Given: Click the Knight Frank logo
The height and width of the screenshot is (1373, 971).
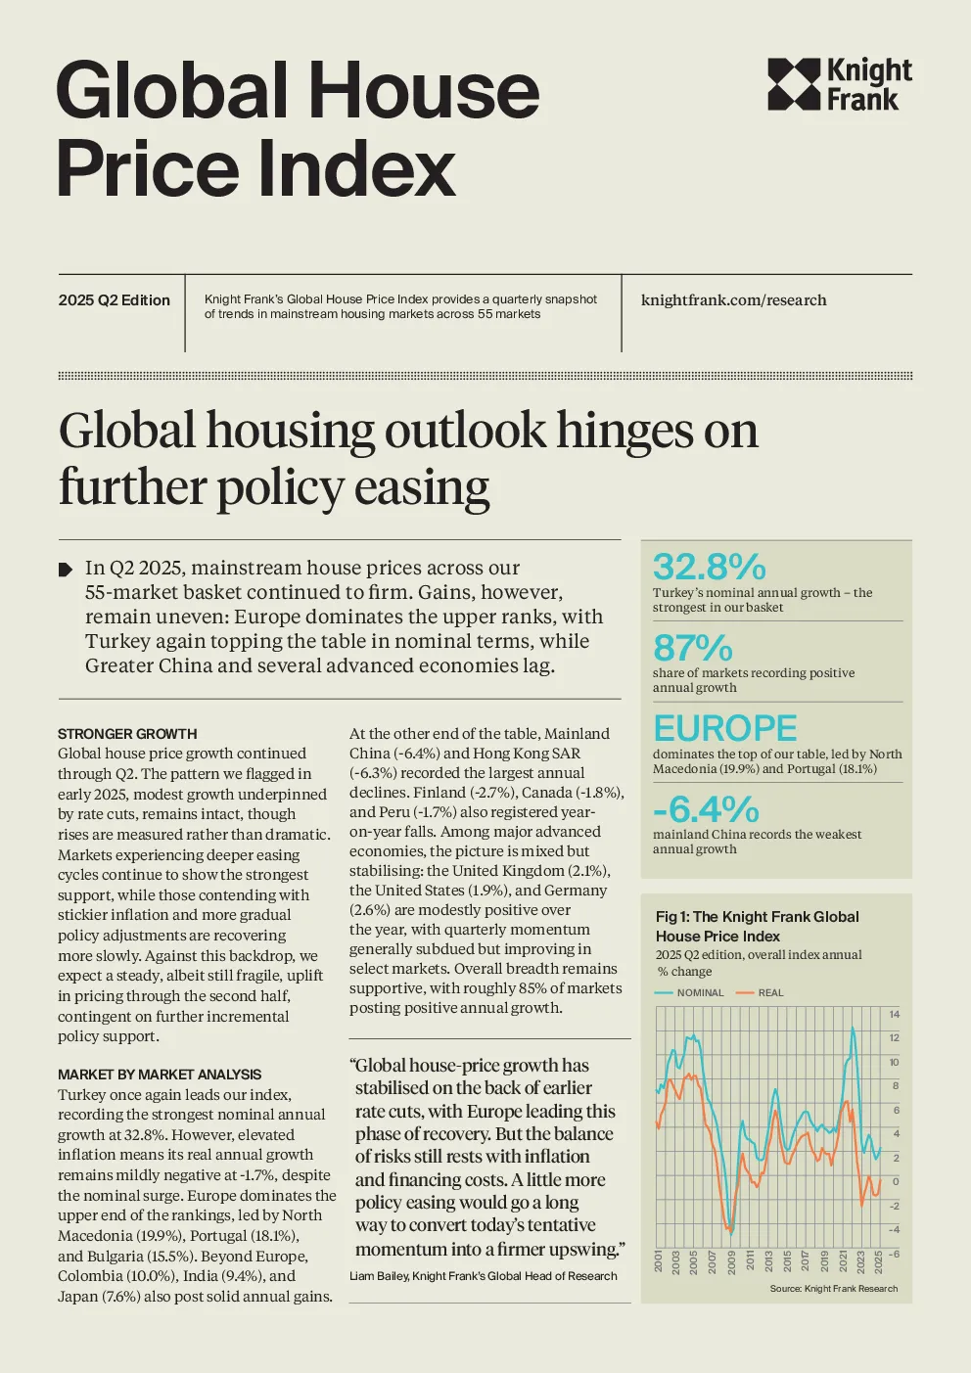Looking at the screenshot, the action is (x=839, y=84).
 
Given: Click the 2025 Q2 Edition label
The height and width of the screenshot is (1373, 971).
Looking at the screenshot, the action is (x=114, y=300).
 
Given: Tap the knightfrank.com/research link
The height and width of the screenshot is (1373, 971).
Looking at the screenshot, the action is (x=734, y=299).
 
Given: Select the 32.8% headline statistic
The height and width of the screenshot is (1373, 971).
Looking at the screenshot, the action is (x=710, y=567).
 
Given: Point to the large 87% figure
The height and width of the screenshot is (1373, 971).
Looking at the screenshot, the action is (x=693, y=647).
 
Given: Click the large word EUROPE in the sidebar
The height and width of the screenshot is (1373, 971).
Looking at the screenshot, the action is (x=725, y=728).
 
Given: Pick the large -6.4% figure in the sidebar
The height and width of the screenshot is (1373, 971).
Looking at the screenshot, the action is (x=706, y=809).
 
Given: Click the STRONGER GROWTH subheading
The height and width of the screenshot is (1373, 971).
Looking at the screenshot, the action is (x=127, y=734).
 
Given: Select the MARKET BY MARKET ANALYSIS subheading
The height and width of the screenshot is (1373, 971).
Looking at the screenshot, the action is (x=160, y=1075).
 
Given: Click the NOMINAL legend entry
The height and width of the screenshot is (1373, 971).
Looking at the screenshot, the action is (x=690, y=993).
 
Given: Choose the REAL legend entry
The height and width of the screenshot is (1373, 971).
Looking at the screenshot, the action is (x=761, y=993).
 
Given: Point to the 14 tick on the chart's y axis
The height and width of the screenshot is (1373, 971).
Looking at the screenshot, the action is (x=895, y=1015).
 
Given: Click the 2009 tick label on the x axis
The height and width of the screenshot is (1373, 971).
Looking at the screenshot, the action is (x=731, y=1262).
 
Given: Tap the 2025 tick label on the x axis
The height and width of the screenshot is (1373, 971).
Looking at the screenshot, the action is (x=878, y=1262).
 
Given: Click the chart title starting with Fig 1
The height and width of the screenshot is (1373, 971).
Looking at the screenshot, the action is (x=758, y=926).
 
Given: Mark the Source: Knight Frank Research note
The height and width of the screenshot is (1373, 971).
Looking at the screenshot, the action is (x=834, y=1289).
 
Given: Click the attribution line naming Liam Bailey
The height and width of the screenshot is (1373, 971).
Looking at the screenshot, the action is (x=483, y=1275).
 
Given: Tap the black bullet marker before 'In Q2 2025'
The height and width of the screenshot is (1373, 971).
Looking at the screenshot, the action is (x=65, y=570).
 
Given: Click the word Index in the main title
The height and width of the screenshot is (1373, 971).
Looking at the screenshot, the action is (x=356, y=168).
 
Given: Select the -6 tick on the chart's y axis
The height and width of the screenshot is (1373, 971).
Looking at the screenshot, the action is (x=895, y=1254).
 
